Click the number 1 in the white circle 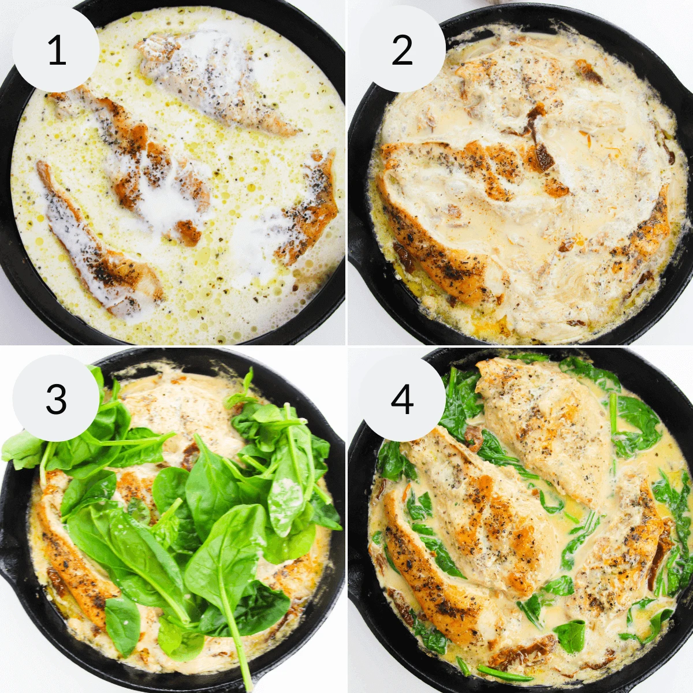tap(56, 50)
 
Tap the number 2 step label tap(402, 50)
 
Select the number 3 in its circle tap(56, 398)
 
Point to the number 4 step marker tap(402, 398)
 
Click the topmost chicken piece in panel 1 tap(214, 81)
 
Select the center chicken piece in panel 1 tap(150, 167)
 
